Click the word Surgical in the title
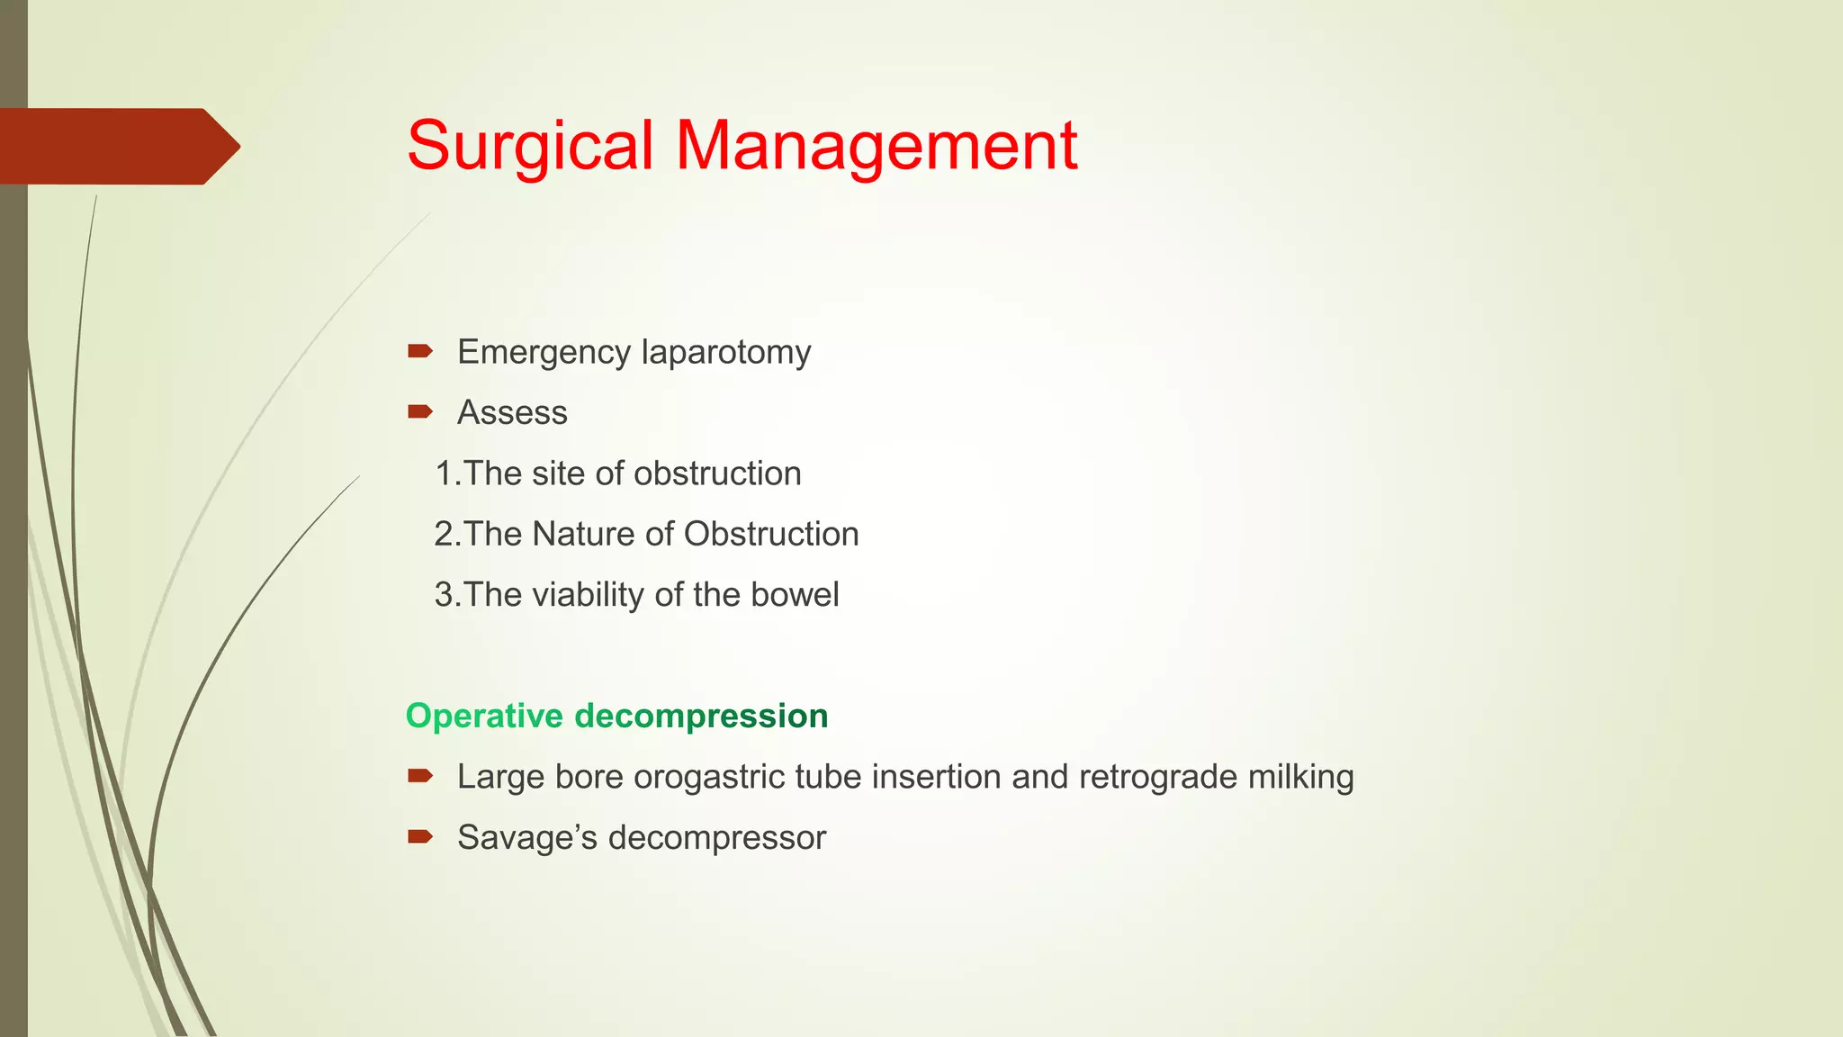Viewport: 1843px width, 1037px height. [530, 146]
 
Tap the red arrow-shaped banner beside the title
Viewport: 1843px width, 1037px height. [117, 147]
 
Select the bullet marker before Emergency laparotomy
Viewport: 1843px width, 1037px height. [419, 351]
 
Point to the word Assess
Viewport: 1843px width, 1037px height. [512, 412]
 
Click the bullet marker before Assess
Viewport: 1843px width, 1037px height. [419, 412]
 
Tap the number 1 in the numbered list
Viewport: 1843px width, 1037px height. [443, 473]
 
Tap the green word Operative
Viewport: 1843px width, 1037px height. [484, 716]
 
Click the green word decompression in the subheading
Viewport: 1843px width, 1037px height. [701, 716]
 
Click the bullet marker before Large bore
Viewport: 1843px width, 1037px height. [419, 776]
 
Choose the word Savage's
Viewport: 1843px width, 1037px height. [527, 837]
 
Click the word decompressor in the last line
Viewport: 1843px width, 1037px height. [717, 837]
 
